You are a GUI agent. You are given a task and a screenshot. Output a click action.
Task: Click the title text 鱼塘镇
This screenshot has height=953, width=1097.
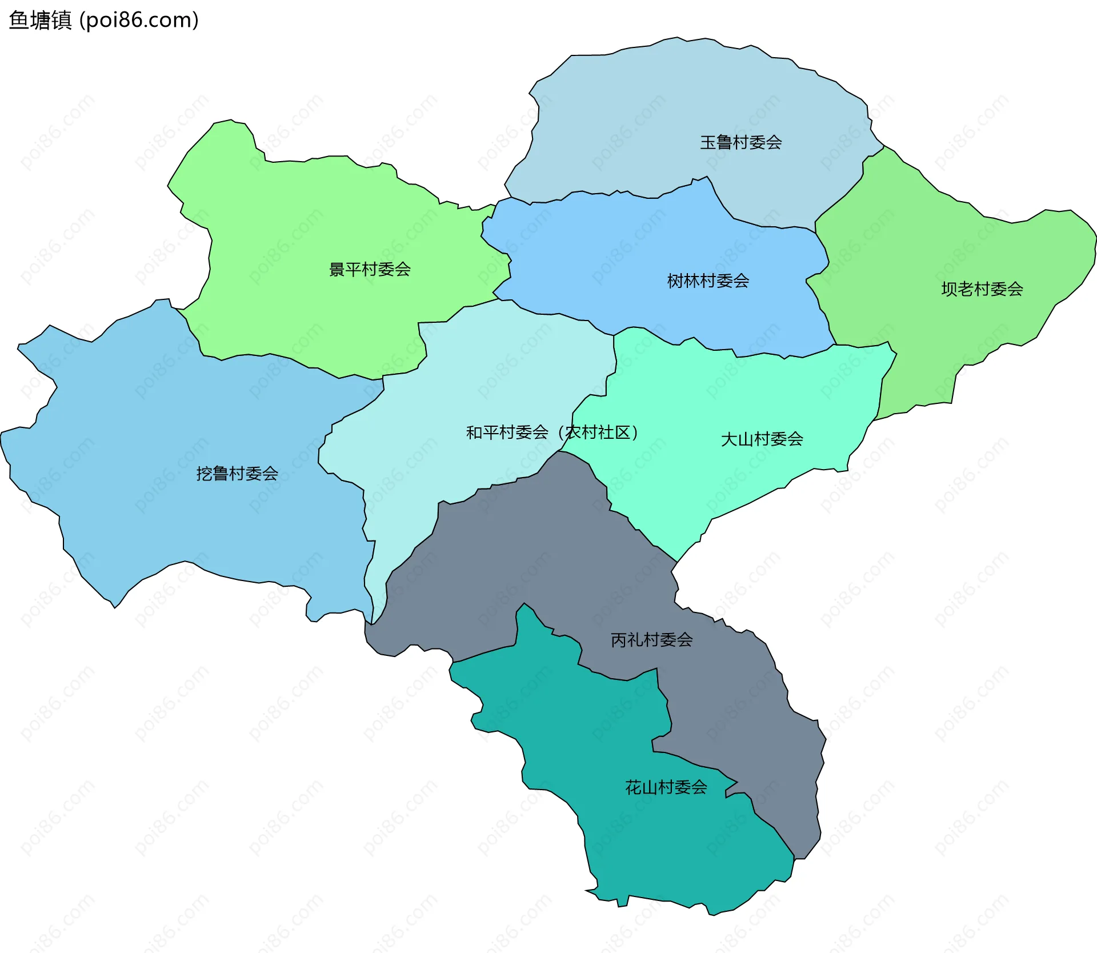coord(40,21)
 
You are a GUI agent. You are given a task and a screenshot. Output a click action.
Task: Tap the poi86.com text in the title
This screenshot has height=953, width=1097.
coord(139,21)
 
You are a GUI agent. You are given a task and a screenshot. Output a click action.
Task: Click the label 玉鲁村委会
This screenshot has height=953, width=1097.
coord(740,142)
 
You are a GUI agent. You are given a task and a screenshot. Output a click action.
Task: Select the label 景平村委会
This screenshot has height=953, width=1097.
coord(370,269)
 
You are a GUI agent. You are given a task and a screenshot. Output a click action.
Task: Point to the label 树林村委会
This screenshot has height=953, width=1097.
coord(708,281)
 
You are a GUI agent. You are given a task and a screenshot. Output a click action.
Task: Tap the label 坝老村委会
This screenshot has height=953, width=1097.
coord(982,289)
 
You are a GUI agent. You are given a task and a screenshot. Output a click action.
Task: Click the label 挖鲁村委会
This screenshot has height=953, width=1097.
coord(237,473)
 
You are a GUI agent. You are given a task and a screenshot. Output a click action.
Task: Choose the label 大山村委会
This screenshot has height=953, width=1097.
coord(762,439)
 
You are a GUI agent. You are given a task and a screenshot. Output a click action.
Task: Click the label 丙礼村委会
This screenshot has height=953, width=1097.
coord(651,639)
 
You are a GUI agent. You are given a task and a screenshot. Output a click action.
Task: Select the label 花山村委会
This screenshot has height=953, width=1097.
coord(666,787)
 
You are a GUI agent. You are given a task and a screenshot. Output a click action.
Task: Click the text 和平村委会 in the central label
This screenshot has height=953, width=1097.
coord(507,433)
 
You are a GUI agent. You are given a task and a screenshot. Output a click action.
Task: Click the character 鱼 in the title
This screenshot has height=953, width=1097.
coord(18,21)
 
